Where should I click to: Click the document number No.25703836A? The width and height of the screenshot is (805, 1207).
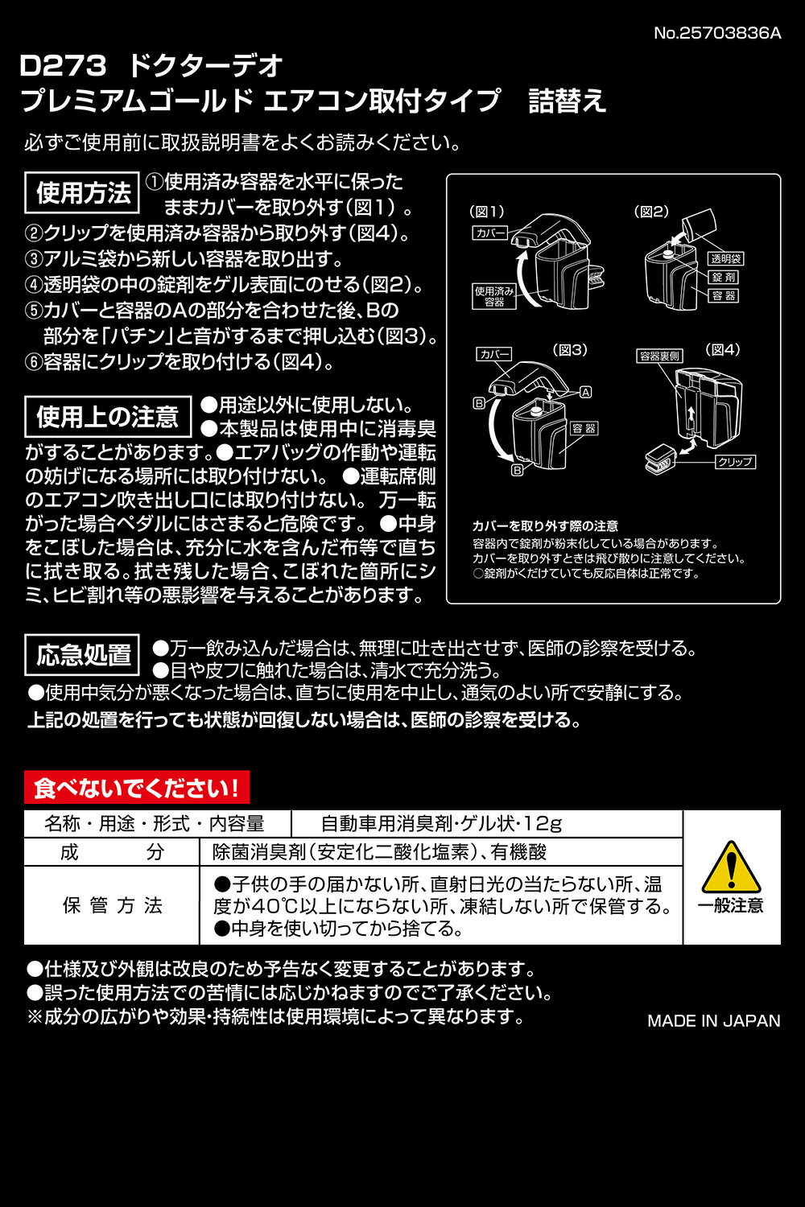[x=717, y=34]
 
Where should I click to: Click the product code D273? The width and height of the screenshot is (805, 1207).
[x=63, y=66]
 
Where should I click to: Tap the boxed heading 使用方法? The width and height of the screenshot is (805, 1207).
[x=82, y=192]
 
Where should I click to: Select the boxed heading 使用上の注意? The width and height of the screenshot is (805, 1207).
[x=108, y=417]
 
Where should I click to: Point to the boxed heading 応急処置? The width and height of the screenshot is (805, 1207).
[x=82, y=655]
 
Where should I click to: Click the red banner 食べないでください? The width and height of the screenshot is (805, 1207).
[x=137, y=787]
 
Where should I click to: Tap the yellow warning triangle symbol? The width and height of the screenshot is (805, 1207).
[x=731, y=867]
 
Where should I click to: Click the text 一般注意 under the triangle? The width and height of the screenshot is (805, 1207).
[x=731, y=906]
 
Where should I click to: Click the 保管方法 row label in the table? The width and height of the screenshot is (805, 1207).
[x=112, y=906]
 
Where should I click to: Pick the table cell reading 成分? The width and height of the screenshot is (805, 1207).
[x=112, y=852]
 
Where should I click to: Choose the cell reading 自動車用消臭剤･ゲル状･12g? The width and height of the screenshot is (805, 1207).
[x=441, y=823]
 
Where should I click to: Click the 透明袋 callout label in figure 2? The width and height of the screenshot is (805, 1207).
[x=726, y=258]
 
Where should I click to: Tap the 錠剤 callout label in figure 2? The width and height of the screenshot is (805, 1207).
[x=724, y=277]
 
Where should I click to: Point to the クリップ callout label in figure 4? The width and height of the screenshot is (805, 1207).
[x=736, y=462]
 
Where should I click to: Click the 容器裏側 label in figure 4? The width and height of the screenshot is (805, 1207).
[x=659, y=356]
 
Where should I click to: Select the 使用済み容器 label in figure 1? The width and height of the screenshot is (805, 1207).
[x=494, y=296]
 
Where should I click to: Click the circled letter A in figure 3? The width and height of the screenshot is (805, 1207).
[x=586, y=393]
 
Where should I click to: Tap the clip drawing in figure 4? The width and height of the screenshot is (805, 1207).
[x=661, y=459]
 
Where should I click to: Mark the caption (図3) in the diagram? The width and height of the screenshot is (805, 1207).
[x=570, y=350]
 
